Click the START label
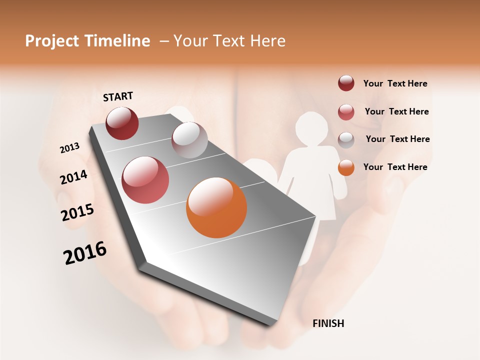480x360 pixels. pyautogui.click(x=118, y=96)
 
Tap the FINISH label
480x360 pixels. pyautogui.click(x=328, y=323)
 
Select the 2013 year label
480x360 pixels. pyautogui.click(x=69, y=148)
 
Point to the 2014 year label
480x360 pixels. pyautogui.click(x=73, y=177)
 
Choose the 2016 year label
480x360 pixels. pyautogui.click(x=85, y=253)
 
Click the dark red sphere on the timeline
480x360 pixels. pyautogui.click(x=122, y=123)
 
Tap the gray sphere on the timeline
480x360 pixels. pyautogui.click(x=189, y=139)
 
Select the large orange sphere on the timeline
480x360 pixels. pyautogui.click(x=216, y=207)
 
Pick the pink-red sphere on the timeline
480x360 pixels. pyautogui.click(x=145, y=180)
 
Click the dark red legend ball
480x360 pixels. pyautogui.click(x=346, y=83)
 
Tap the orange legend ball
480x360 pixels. pyautogui.click(x=346, y=167)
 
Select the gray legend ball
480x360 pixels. pyautogui.click(x=346, y=139)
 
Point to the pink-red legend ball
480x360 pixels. pyautogui.click(x=346, y=111)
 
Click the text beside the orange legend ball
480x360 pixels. pyautogui.click(x=395, y=167)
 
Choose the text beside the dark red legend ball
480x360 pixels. pyautogui.click(x=395, y=83)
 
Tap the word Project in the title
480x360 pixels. pyautogui.click(x=51, y=41)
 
